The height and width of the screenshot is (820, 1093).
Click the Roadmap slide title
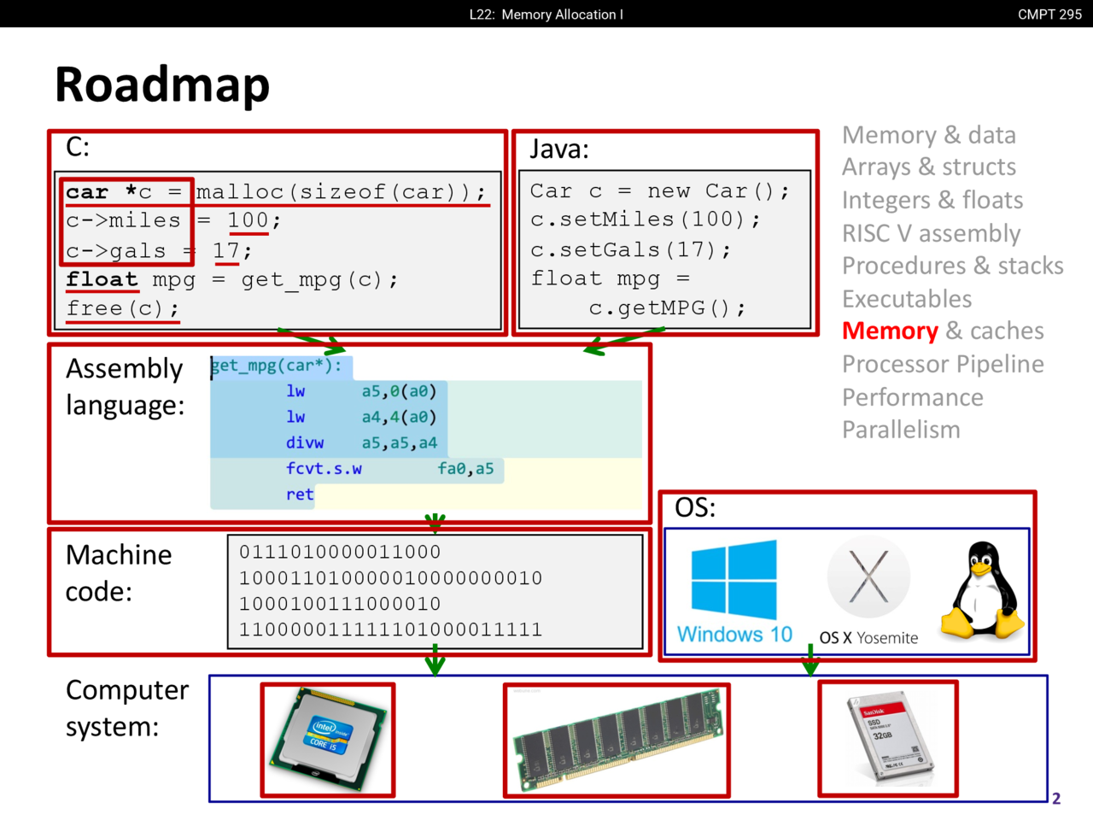162,85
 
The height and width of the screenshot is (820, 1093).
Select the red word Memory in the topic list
890,331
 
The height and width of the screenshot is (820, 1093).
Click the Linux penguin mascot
983,589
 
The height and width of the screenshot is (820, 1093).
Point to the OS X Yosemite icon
868,578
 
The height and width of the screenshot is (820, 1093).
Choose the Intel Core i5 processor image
328,739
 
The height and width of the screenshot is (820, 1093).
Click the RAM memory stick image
617,741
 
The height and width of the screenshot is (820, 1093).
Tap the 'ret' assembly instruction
300,495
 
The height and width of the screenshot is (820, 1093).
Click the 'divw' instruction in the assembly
305,443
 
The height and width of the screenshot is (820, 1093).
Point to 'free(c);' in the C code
123,308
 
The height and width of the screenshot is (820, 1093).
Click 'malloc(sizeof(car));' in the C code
342,192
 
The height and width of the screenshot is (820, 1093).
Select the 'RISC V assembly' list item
931,233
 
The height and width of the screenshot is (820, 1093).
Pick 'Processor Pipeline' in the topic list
943,365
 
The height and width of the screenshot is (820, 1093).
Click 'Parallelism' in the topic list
901,430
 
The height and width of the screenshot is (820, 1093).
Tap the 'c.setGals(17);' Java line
631,249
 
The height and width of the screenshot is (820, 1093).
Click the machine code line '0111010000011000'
340,553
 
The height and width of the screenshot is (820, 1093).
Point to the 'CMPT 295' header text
1049,15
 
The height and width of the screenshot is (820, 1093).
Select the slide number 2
1056,799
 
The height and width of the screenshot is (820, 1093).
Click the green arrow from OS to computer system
810,661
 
